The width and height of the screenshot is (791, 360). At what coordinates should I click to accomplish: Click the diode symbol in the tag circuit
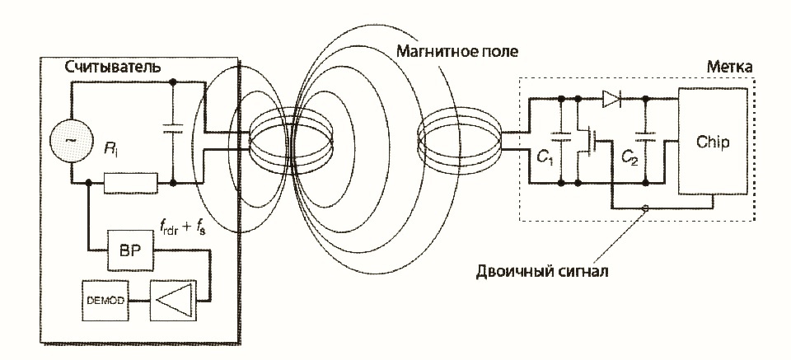click(x=611, y=99)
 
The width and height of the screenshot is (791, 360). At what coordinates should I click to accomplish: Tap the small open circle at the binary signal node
click(x=645, y=208)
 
